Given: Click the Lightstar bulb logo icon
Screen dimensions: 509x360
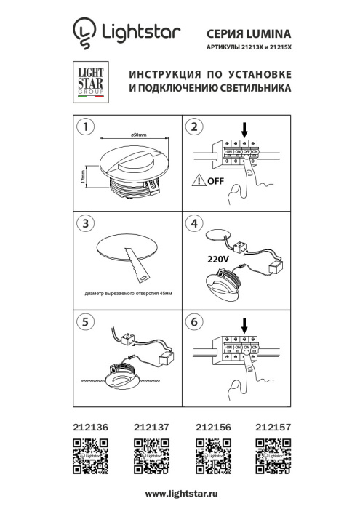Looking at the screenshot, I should (84, 33).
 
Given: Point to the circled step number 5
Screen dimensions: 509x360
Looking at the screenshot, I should (87, 319).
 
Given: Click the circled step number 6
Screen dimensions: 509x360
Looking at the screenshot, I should (193, 319).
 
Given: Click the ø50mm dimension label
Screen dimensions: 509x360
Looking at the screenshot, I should (140, 135).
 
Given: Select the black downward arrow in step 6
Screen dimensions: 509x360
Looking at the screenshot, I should (244, 324).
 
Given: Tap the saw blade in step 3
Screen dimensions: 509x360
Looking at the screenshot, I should (136, 265).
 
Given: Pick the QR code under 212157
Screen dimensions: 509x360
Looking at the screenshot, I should (273, 458).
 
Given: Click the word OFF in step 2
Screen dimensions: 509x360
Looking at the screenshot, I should (215, 182).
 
